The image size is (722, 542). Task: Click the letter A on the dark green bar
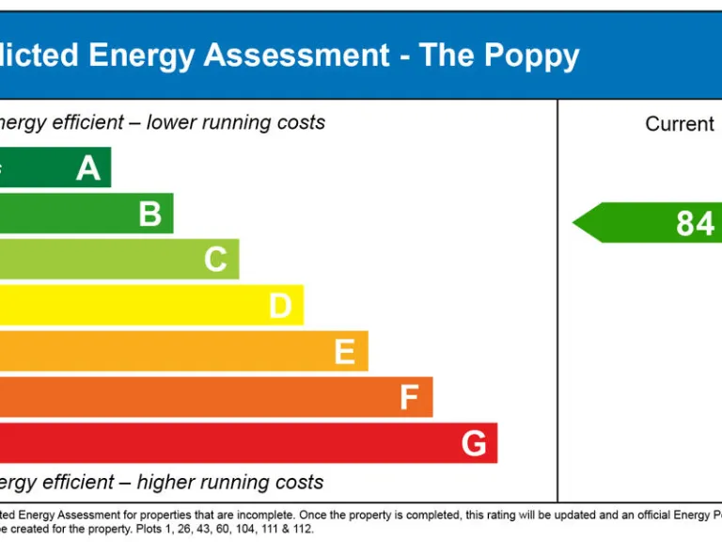click(88, 168)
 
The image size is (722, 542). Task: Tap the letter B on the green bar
click(150, 214)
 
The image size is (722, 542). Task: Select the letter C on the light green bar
click(215, 260)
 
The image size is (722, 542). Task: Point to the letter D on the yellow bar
click(280, 306)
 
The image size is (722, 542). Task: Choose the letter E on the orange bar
click(345, 352)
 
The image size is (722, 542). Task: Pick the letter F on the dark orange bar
click(409, 398)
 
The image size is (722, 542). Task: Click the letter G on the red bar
click(474, 443)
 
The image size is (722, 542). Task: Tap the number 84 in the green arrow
click(695, 224)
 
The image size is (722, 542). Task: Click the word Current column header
click(679, 124)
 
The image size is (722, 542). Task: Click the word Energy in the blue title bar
click(140, 56)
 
